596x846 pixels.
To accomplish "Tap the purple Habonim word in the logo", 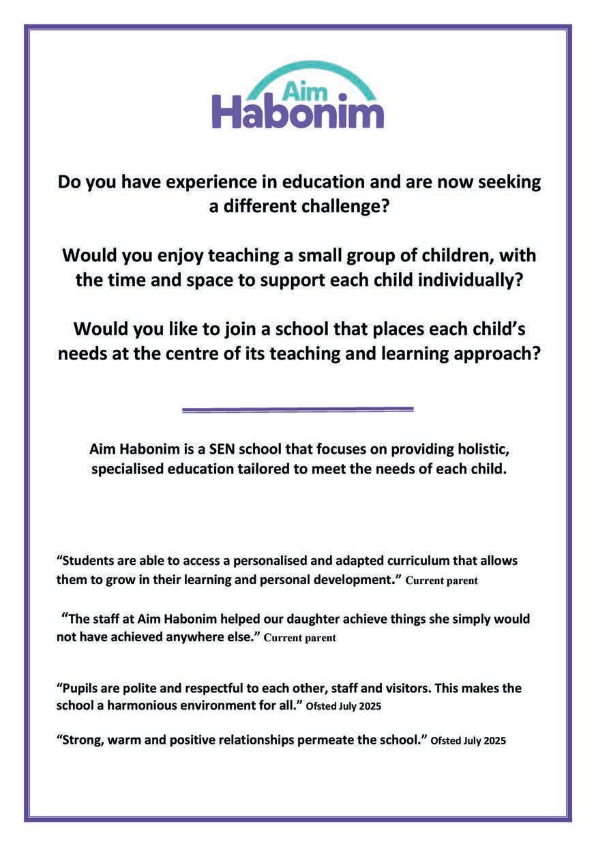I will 298,113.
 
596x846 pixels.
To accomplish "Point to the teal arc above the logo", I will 298,68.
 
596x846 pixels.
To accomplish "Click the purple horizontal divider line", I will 298,409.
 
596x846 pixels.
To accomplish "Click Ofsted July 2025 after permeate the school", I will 468,741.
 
